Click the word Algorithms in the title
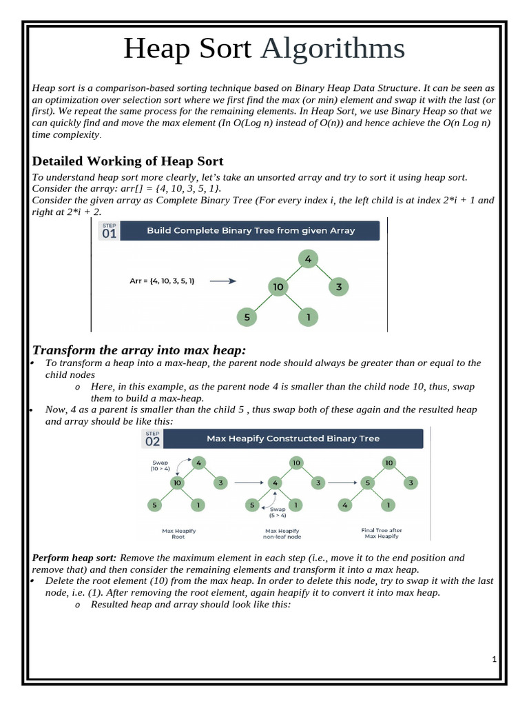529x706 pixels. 333,50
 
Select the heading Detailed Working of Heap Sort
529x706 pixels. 128,161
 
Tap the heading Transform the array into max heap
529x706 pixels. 139,350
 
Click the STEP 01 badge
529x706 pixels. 110,231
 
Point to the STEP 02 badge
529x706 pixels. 152,438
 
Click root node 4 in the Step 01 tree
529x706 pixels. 308,259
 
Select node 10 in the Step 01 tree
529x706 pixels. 278,287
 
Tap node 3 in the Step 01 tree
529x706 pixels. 339,287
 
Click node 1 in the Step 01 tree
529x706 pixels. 308,317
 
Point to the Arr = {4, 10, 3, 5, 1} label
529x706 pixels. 162,281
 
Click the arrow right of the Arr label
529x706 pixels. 222,281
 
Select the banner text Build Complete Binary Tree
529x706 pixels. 251,231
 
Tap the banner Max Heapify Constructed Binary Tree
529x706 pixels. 293,438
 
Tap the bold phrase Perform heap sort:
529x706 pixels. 75,558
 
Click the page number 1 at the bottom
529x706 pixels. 494,660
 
